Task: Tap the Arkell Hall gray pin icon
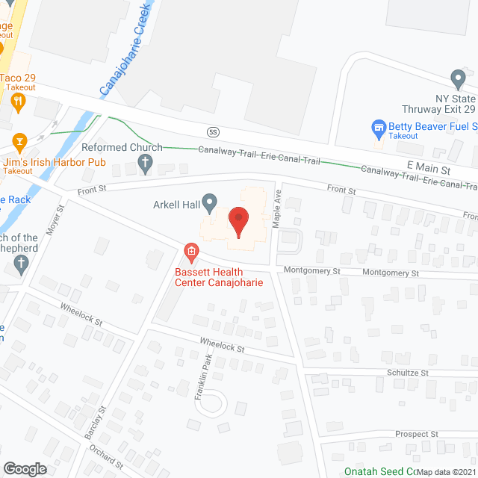[210, 201]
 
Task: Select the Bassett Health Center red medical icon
[191, 251]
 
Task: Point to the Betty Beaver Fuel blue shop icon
[379, 128]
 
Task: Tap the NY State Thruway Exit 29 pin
[457, 77]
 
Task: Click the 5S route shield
[213, 131]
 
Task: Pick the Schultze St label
[407, 371]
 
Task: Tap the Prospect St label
[416, 434]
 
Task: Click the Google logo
[24, 468]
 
